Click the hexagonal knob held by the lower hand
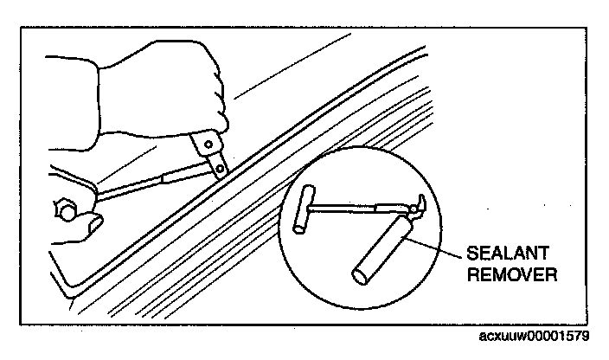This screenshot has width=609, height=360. coord(62,209)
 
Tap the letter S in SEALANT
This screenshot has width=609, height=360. coord(471,254)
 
